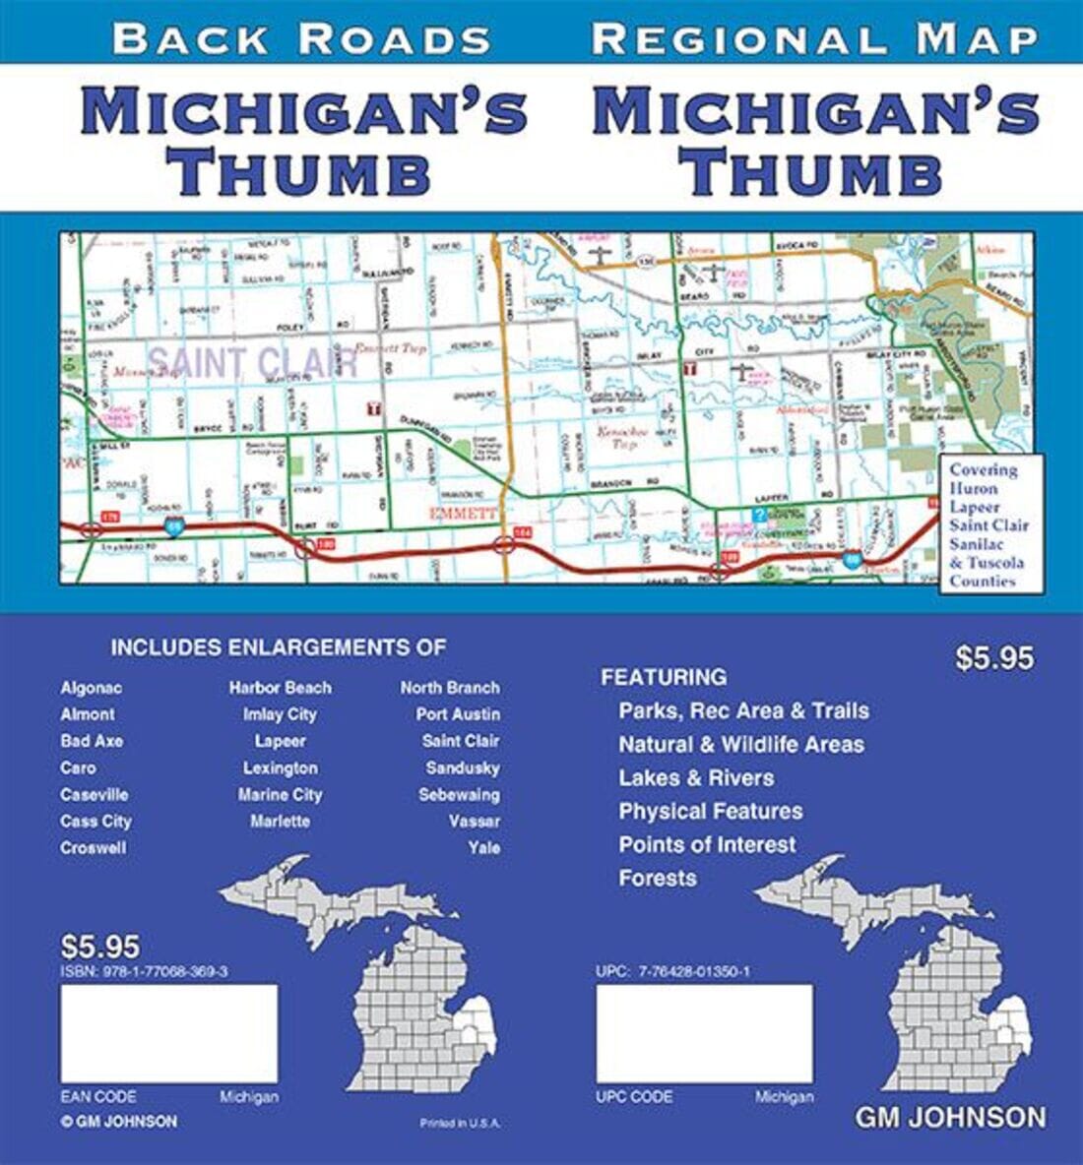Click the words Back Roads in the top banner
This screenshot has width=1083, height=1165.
coord(301,38)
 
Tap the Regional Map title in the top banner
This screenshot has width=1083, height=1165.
coord(815,38)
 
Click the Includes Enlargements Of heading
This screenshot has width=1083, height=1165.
coord(278,647)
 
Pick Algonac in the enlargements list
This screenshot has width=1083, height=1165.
coord(91,688)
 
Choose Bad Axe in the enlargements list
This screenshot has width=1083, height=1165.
coord(92,741)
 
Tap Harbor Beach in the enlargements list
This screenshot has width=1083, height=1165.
coord(281,688)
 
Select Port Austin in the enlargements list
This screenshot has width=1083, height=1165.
coord(458,714)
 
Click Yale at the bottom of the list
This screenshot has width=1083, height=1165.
coord(483,847)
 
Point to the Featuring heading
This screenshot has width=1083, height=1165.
coord(664,677)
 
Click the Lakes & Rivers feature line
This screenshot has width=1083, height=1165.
coord(696,777)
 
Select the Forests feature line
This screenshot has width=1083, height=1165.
coord(657,878)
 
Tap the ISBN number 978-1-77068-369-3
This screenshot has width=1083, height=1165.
coord(145,971)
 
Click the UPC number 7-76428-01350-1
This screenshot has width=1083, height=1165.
coord(673,971)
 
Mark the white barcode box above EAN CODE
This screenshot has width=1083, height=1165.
coord(169,1033)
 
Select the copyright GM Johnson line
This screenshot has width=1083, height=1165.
coord(118,1122)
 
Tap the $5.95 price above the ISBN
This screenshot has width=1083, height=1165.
coord(100,947)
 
